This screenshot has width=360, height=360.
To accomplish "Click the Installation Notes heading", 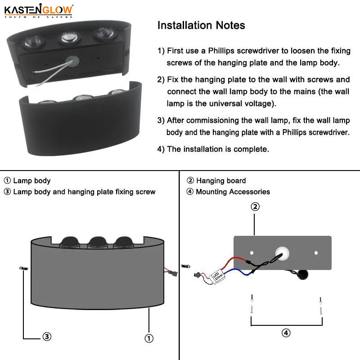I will click(x=201, y=25).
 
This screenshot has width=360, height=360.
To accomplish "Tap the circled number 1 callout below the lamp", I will click(x=149, y=337).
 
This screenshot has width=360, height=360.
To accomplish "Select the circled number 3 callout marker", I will click(x=46, y=336).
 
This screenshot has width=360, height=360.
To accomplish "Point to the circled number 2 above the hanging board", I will click(x=255, y=207).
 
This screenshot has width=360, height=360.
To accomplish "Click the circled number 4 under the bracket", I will click(x=286, y=333).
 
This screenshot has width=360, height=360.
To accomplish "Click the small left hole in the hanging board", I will click(x=252, y=253).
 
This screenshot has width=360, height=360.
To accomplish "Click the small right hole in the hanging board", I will click(x=316, y=253).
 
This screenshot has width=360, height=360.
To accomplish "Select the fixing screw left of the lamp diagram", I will click(x=22, y=269).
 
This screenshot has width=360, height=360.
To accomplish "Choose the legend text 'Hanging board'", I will click(x=221, y=181).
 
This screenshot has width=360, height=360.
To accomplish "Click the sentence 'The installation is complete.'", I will click(x=218, y=149).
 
